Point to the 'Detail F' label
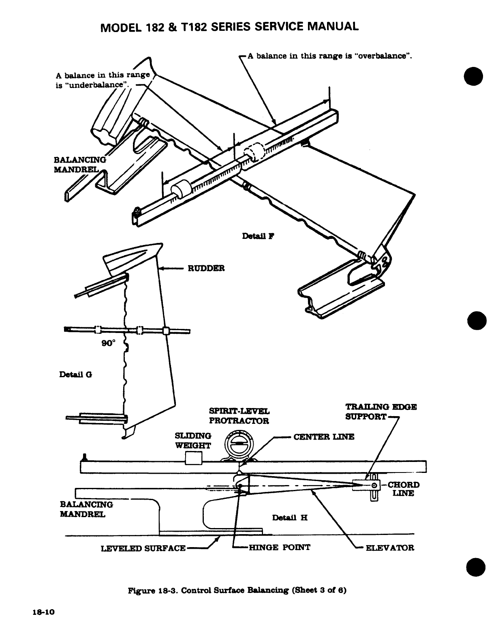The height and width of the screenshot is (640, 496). tap(258, 236)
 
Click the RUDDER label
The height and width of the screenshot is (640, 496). tap(205, 268)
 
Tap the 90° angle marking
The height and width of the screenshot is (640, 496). tap(108, 343)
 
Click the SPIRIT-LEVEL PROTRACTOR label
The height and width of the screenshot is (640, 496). tap(239, 416)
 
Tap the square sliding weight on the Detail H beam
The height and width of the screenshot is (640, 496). tap(193, 459)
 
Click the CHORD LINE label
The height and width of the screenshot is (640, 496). tap(401, 489)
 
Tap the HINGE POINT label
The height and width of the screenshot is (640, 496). tap(279, 548)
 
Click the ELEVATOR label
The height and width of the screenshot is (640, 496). tap(389, 548)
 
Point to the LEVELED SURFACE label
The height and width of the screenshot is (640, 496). tap(143, 548)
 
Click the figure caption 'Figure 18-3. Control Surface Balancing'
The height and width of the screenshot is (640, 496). tap(237, 591)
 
